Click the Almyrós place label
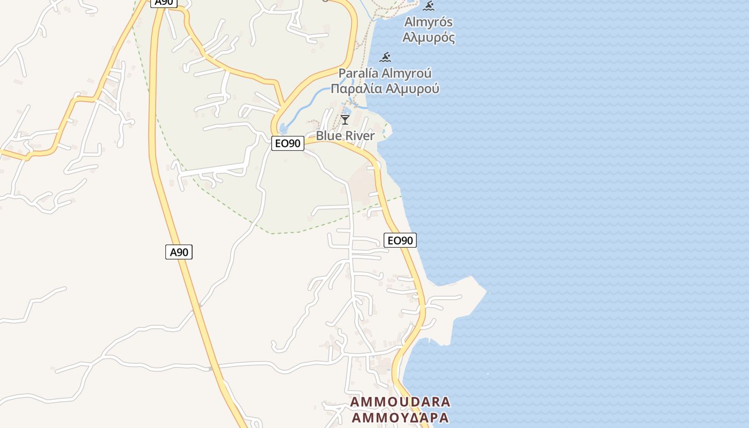(x=429, y=22)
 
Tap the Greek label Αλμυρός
(x=429, y=38)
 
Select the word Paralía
(x=359, y=73)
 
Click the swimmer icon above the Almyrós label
(x=429, y=6)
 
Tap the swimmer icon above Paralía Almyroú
(x=385, y=57)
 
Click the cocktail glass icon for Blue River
(x=345, y=119)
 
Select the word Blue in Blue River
(x=328, y=136)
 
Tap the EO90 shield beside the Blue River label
(x=287, y=143)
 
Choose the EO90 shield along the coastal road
(x=400, y=240)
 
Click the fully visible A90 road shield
(x=179, y=252)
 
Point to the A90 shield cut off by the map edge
(x=163, y=3)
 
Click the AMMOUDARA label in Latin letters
(x=400, y=402)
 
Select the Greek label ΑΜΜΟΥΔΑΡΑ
(x=400, y=417)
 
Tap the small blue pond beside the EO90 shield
(x=283, y=129)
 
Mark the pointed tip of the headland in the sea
(x=486, y=292)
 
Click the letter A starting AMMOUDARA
(x=355, y=402)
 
